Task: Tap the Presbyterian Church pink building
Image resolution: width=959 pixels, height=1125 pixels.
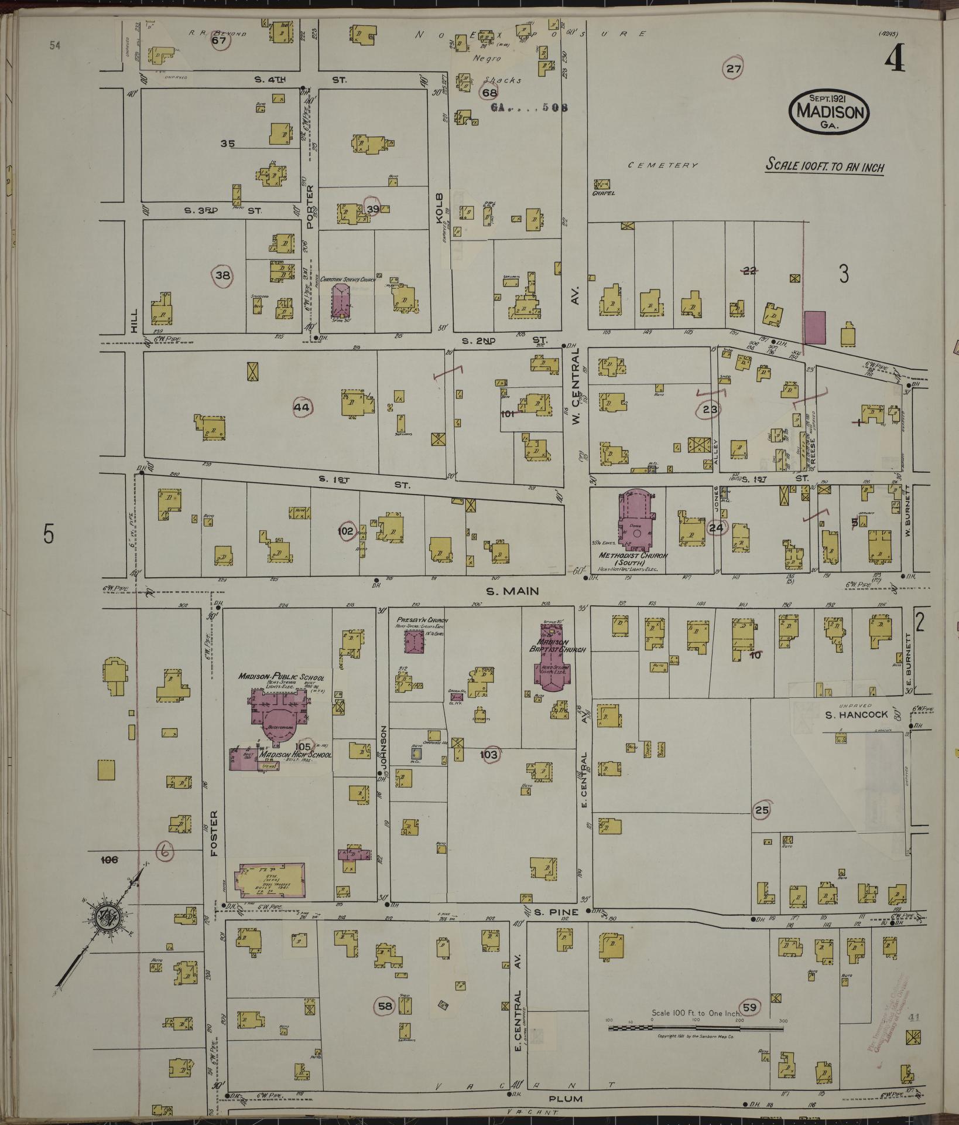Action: [415, 641]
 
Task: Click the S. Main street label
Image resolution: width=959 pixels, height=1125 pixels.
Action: [512, 591]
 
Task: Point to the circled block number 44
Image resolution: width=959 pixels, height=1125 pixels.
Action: [302, 407]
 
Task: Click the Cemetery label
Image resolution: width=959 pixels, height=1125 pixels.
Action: [663, 166]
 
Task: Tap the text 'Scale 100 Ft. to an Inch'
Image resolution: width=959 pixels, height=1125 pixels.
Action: [825, 166]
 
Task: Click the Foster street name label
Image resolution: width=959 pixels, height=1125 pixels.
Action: [214, 833]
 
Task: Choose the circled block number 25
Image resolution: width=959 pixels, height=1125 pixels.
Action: [761, 810]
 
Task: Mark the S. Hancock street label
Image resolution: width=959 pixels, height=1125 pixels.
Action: [856, 715]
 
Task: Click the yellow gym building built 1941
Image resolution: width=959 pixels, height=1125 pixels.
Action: [269, 881]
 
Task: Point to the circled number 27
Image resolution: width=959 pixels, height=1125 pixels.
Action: [734, 69]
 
